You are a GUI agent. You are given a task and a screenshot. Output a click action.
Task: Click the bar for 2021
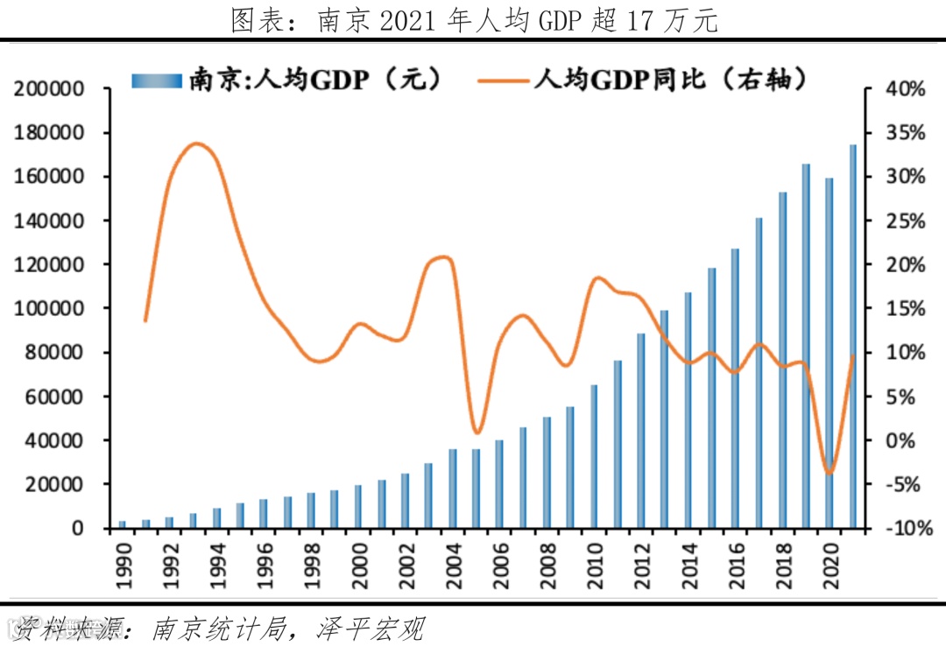pos(852,337)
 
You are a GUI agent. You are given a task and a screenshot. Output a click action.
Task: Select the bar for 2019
pos(805,346)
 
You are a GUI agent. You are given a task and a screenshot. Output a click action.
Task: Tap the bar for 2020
pos(829,350)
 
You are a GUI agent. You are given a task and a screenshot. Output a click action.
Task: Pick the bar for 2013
pos(664,418)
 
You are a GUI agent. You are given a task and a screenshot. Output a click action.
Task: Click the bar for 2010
pos(594,456)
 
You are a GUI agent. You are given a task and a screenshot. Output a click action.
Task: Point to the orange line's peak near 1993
pos(197,144)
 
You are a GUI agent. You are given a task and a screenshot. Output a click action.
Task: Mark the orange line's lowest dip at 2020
pos(829,474)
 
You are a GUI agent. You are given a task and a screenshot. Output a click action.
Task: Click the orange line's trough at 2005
pos(476,432)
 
